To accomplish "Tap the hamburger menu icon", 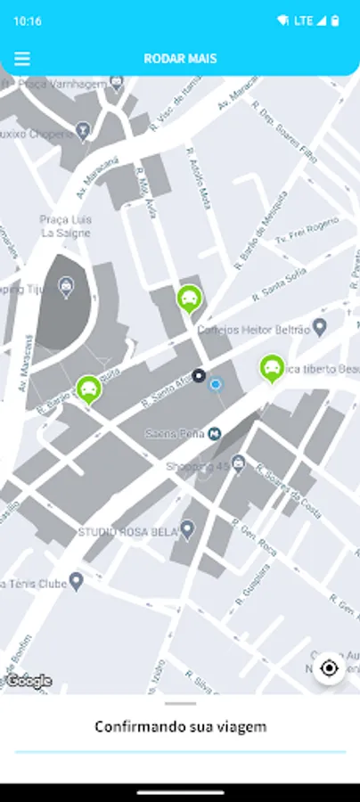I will click(22, 59).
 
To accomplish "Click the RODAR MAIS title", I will click(180, 59).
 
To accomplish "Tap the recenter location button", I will click(330, 668).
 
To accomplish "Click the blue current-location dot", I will click(215, 384).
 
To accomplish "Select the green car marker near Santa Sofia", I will click(189, 299).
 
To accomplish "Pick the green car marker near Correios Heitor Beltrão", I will click(272, 367).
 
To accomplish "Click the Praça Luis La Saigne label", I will click(64, 226).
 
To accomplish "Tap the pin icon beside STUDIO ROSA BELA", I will click(187, 529).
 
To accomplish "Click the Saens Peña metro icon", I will click(215, 433).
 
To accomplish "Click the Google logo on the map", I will click(29, 681).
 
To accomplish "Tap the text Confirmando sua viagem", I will click(180, 727).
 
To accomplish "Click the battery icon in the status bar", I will click(335, 20).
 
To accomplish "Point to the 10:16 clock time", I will click(28, 20).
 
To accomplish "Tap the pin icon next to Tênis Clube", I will click(77, 582).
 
